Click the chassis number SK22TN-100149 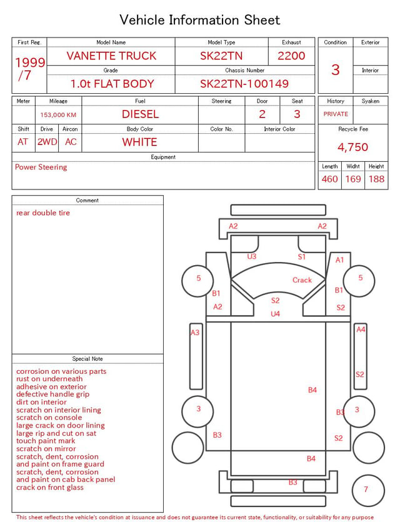(x=244, y=84)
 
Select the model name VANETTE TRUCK (x=111, y=56)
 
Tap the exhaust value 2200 (x=291, y=56)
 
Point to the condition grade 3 (x=336, y=69)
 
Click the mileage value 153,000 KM (x=58, y=115)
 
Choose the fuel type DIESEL (x=140, y=114)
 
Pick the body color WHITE (x=139, y=142)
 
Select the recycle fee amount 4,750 (x=352, y=147)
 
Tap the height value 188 (x=376, y=179)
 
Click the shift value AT (x=22, y=142)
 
